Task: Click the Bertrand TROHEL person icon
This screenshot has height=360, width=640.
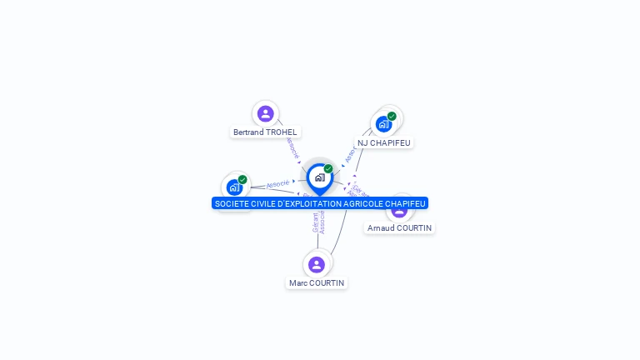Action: click(266, 113)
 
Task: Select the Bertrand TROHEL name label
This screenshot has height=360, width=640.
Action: click(265, 132)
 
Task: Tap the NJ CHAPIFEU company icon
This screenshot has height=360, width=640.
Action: click(383, 124)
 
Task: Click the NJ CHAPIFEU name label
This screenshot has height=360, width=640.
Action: click(384, 142)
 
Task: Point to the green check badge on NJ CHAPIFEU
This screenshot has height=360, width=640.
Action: click(392, 116)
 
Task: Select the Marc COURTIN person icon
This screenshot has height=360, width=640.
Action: click(316, 264)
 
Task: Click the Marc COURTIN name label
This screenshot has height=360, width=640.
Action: click(316, 282)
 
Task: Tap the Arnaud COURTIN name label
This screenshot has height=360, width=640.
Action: click(400, 227)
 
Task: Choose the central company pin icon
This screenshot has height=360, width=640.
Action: click(319, 177)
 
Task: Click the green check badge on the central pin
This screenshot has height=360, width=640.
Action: click(328, 168)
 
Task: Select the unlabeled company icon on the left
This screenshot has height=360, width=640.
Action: click(234, 187)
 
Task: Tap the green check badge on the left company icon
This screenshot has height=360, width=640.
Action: click(242, 179)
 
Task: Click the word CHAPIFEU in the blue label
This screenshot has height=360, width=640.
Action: click(406, 203)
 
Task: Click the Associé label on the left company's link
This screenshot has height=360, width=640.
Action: click(277, 183)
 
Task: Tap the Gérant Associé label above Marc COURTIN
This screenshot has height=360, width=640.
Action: click(318, 222)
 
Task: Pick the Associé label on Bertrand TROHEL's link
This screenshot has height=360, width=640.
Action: click(292, 147)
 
